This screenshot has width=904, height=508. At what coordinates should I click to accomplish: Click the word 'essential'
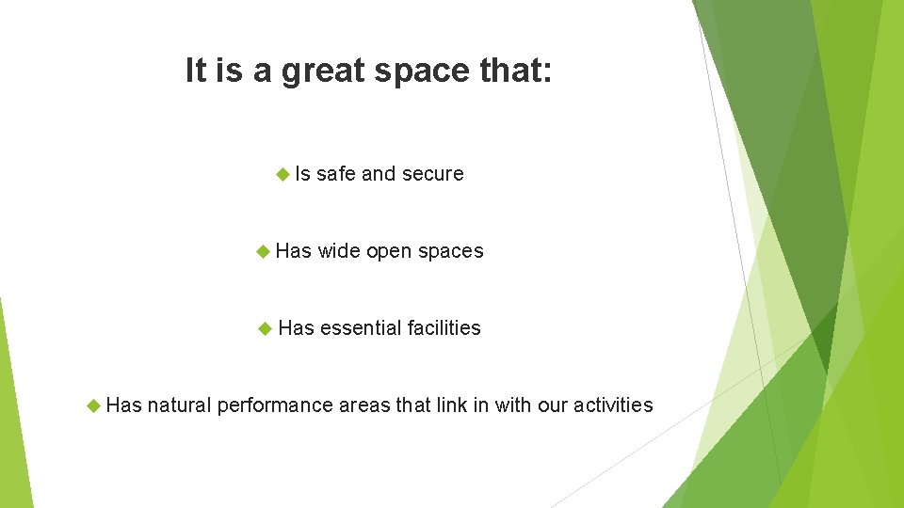(361, 328)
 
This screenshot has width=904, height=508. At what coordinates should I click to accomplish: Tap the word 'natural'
(179, 405)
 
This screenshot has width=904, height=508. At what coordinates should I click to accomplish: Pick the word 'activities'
(615, 405)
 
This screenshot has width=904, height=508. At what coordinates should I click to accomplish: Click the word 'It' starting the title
(196, 71)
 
